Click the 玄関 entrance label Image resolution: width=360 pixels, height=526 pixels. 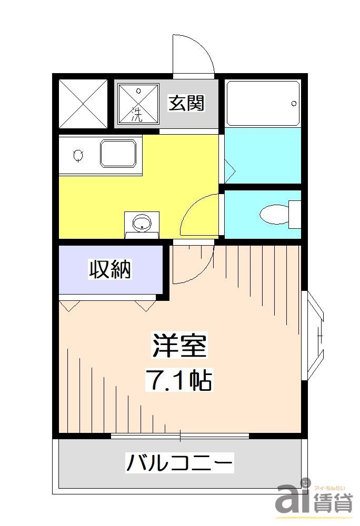(186, 103)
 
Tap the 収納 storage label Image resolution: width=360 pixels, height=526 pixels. (109, 270)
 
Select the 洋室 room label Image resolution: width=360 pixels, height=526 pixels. (179, 346)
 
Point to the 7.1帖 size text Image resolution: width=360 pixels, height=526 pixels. (179, 380)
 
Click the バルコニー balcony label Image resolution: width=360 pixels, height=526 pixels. (179, 463)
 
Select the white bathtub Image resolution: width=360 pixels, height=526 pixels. (263, 104)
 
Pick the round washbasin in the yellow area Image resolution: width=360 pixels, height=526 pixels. (141, 223)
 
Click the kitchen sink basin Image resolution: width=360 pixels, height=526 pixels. (121, 154)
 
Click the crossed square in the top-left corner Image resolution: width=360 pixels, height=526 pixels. (83, 103)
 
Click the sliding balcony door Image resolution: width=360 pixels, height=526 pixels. (180, 436)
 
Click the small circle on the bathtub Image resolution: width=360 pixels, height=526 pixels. (294, 104)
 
